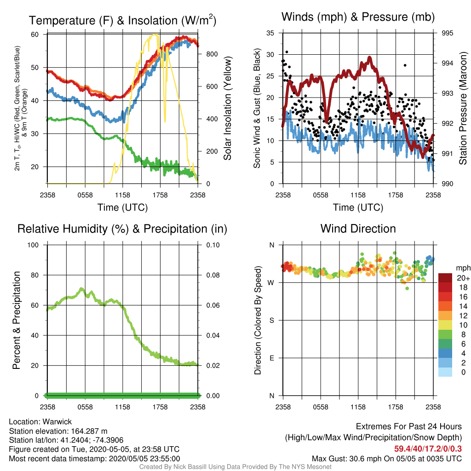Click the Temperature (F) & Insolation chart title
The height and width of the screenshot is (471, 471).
pos(122,20)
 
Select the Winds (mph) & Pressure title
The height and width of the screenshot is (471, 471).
pos(358,17)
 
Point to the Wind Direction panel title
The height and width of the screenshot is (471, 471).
pos(358,229)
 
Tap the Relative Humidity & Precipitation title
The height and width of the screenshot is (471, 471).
pos(122,229)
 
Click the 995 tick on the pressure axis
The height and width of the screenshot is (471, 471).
pos(447,33)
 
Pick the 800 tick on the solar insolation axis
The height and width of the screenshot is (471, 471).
pos(212,54)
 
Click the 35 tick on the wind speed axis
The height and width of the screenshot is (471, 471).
pos(270,33)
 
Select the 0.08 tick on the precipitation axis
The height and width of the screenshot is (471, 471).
pos(213,275)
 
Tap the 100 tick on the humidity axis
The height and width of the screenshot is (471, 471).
pos(33,245)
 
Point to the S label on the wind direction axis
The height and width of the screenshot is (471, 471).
pos(271,321)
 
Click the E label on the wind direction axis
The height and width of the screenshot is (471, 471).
pos(271,358)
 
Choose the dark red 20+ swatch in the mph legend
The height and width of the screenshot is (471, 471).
pos(445,278)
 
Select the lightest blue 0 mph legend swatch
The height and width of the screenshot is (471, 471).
pos(445,372)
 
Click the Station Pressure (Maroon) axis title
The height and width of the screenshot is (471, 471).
pos(463,108)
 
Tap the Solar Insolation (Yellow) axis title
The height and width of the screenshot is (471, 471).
pos(227,108)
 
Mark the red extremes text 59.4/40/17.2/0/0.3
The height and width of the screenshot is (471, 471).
pos(428,449)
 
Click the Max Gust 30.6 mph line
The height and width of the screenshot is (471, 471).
pos(386,459)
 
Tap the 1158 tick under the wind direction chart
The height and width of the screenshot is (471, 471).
pos(358,407)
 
